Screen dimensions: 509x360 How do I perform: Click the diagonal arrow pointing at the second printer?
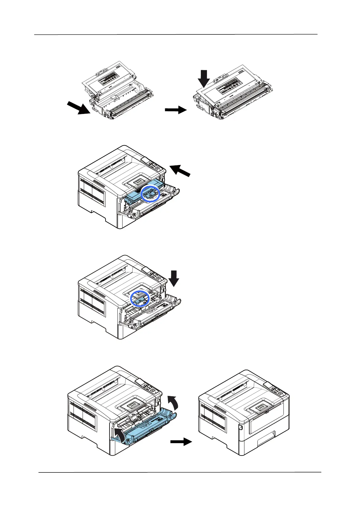[x=180, y=170]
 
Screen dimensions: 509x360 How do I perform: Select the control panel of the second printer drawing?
[x=154, y=165]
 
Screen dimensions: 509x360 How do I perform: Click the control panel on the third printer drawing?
[x=154, y=275]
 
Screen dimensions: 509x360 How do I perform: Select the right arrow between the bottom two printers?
[x=181, y=442]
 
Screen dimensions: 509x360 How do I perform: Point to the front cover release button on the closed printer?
[x=241, y=427]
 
